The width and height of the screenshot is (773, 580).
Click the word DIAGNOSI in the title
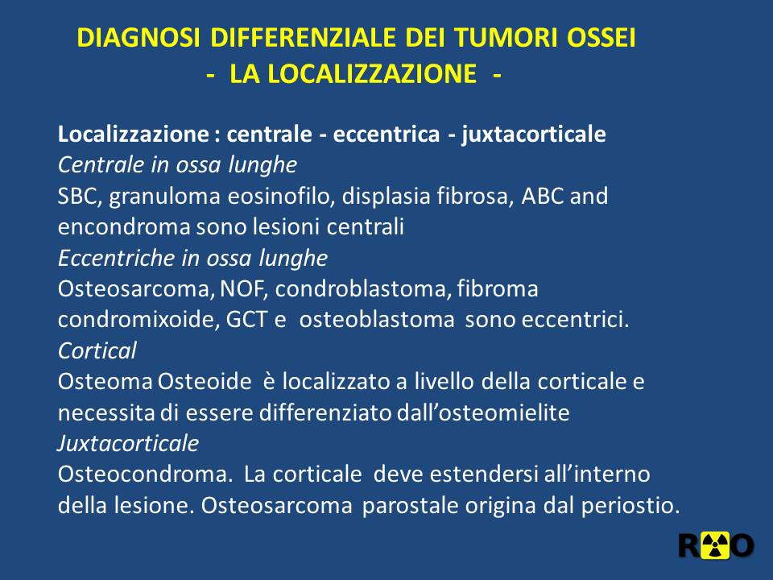pyautogui.click(x=138, y=38)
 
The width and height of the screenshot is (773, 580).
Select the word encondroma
pyautogui.click(x=124, y=227)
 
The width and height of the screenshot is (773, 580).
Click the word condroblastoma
pyautogui.click(x=362, y=288)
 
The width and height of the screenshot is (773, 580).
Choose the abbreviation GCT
pyautogui.click(x=246, y=320)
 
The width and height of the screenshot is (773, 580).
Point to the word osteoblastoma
pyautogui.click(x=377, y=320)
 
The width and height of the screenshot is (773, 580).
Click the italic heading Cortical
pyautogui.click(x=97, y=350)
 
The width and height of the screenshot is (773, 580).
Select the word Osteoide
pyautogui.click(x=205, y=381)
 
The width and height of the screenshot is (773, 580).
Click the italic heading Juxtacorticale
pyautogui.click(x=128, y=443)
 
